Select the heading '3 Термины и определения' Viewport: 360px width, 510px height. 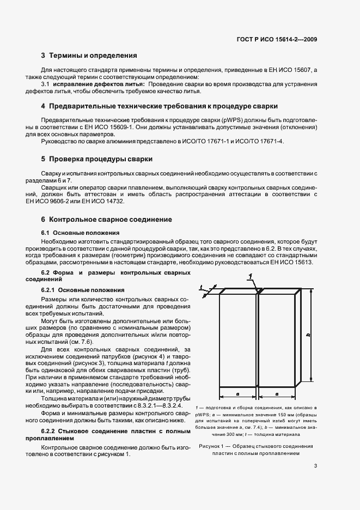(89, 56)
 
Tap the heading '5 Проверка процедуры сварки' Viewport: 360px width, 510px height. (96, 159)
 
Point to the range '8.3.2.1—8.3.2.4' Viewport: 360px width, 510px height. (156, 405)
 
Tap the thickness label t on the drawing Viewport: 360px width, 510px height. (201, 287)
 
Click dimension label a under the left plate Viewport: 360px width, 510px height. (238, 393)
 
